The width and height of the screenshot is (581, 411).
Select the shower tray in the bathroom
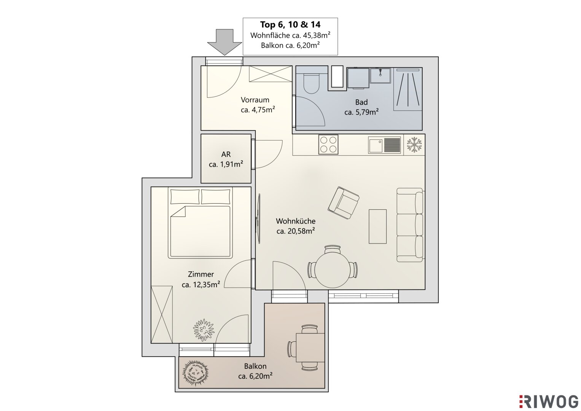tap(408, 89)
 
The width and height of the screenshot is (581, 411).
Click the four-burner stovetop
tap(328, 144)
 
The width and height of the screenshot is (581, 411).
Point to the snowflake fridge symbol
tap(414, 145)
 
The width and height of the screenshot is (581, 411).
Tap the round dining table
tap(333, 270)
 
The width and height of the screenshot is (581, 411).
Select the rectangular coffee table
tap(378, 226)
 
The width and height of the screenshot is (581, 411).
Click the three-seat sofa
tap(410, 225)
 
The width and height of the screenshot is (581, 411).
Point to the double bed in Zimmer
tap(200, 223)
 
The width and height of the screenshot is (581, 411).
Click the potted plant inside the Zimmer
tap(204, 330)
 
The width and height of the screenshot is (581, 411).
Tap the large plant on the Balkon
tap(196, 373)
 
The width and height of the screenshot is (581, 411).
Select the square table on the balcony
tap(310, 348)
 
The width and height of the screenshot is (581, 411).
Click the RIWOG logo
tap(549, 401)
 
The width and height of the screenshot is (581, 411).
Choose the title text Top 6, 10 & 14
tap(290, 25)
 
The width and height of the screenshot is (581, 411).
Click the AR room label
tap(226, 155)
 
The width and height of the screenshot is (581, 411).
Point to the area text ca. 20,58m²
tap(296, 231)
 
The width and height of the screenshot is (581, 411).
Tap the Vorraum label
tap(255, 100)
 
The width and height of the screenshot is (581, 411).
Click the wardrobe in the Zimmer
tap(162, 314)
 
